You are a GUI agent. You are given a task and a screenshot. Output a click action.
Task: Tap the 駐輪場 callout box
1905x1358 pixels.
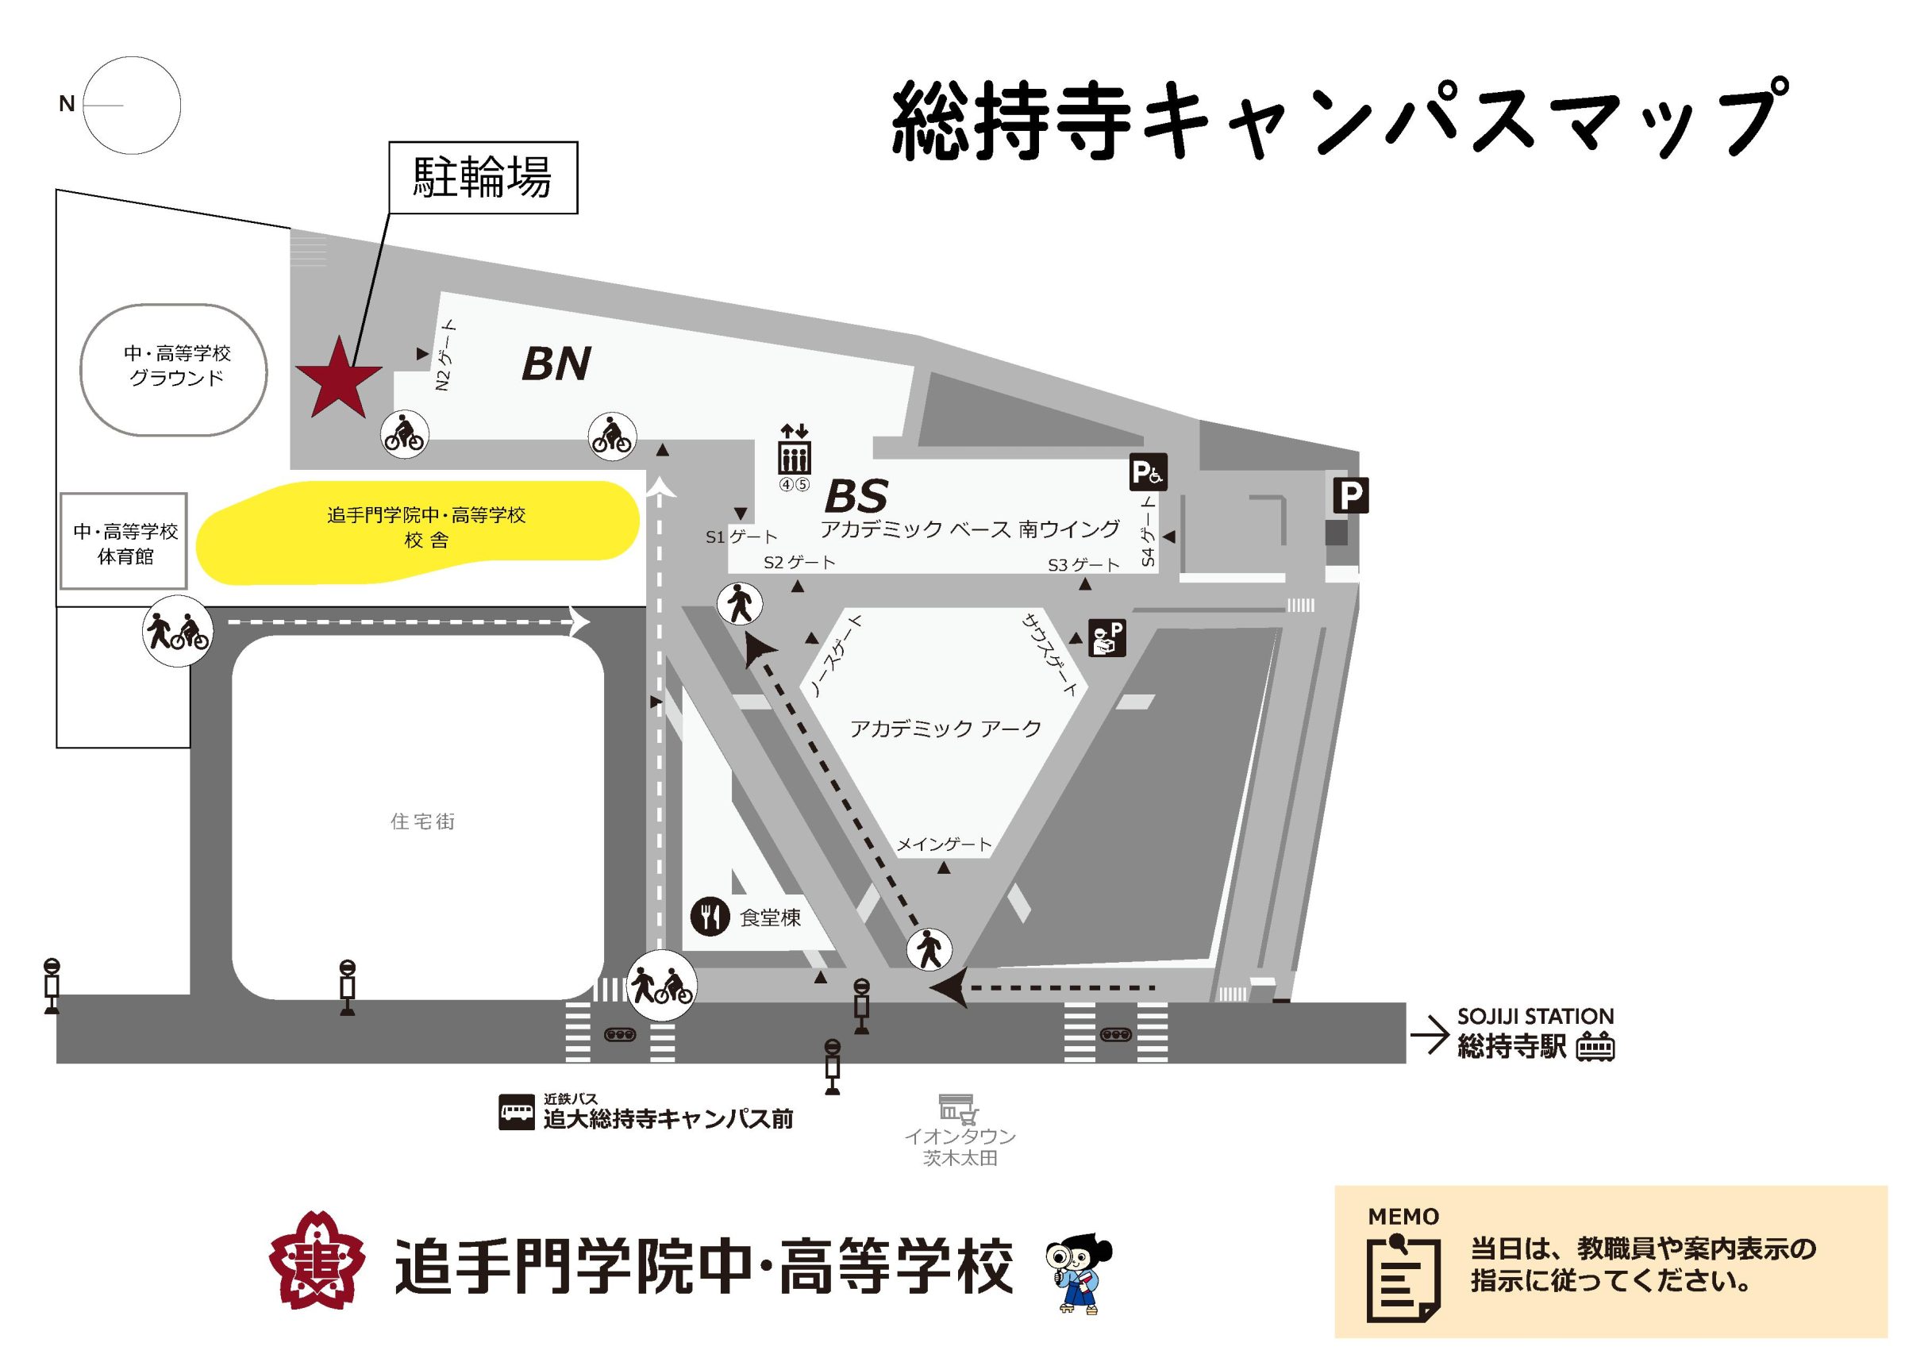(x=483, y=177)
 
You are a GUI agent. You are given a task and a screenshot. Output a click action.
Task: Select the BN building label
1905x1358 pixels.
(x=556, y=364)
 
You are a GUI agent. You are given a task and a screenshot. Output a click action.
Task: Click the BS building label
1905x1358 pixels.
(x=855, y=497)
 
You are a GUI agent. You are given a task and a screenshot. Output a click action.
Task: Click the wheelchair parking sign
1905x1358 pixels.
(x=1147, y=472)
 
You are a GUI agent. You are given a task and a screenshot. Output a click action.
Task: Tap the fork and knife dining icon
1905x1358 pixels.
(x=710, y=918)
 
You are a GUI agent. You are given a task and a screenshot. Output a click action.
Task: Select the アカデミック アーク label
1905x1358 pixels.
(x=946, y=729)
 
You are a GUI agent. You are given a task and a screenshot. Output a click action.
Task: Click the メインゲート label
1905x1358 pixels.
(x=944, y=844)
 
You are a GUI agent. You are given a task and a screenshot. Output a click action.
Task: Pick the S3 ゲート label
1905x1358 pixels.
(x=1083, y=565)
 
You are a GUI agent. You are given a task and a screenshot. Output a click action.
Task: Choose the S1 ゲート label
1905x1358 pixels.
(x=741, y=537)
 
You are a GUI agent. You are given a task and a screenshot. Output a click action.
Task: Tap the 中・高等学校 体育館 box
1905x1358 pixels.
(x=124, y=542)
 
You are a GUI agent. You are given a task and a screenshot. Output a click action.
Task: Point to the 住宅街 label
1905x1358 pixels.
(x=422, y=822)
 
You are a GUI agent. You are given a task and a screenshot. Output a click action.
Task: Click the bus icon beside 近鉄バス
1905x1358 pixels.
(x=516, y=1112)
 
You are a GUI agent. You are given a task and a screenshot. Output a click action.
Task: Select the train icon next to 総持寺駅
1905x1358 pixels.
(x=1595, y=1046)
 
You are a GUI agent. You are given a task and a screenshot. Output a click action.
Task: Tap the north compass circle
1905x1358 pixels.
(x=132, y=106)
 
